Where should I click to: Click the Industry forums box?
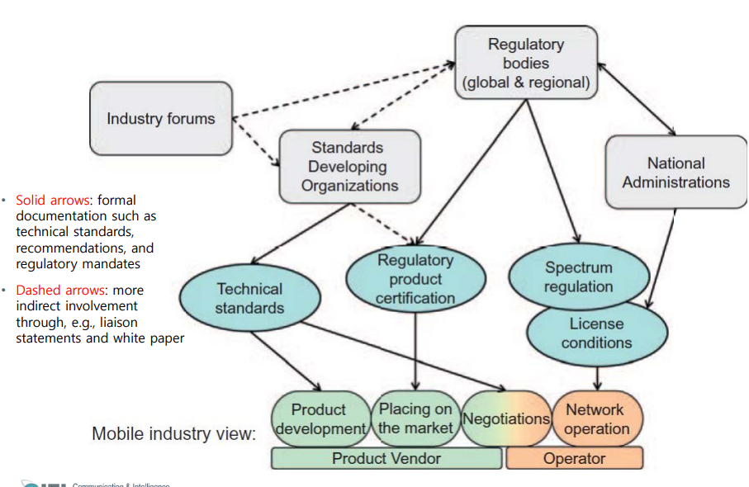[160, 119]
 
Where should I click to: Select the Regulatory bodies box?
[525, 64]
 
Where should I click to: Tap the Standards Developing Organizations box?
[349, 167]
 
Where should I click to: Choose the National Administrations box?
[676, 173]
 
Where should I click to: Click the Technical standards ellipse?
[249, 298]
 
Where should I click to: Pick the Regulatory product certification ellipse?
[415, 278]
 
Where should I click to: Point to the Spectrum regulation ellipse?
[578, 277]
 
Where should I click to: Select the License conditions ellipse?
[595, 333]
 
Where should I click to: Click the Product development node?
[319, 419]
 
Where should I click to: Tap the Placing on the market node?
[415, 418]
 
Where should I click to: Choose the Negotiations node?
[506, 418]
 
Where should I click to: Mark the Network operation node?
[595, 418]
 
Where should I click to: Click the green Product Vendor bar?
[386, 458]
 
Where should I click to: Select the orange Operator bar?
[574, 458]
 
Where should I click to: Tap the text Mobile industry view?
[173, 433]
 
